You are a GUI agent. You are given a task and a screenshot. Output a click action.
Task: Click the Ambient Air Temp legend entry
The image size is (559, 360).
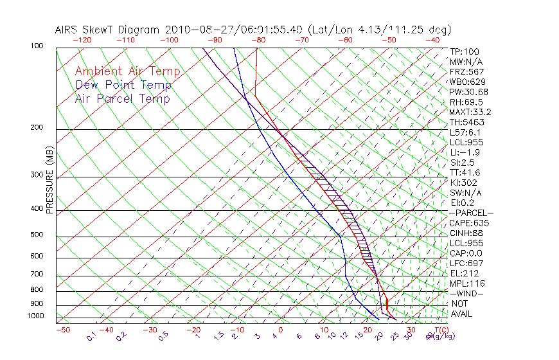[x=127, y=71]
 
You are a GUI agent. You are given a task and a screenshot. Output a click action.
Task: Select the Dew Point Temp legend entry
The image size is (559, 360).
[x=123, y=85]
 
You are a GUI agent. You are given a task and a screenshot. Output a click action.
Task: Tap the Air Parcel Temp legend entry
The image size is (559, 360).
[x=122, y=98]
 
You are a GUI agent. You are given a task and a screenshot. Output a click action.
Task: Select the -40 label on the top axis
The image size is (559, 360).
[x=432, y=39]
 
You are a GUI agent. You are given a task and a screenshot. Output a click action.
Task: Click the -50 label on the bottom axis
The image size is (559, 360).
[x=62, y=330]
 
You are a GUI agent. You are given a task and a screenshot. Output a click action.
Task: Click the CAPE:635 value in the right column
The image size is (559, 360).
[x=469, y=223]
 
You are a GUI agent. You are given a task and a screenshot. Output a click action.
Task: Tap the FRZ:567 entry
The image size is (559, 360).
[x=466, y=71]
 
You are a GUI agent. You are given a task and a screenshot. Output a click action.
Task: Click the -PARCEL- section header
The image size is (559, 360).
[x=471, y=213]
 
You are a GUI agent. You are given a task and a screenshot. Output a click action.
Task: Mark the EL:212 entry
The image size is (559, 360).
[x=465, y=273]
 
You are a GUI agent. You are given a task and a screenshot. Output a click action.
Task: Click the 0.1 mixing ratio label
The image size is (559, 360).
[x=92, y=336]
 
